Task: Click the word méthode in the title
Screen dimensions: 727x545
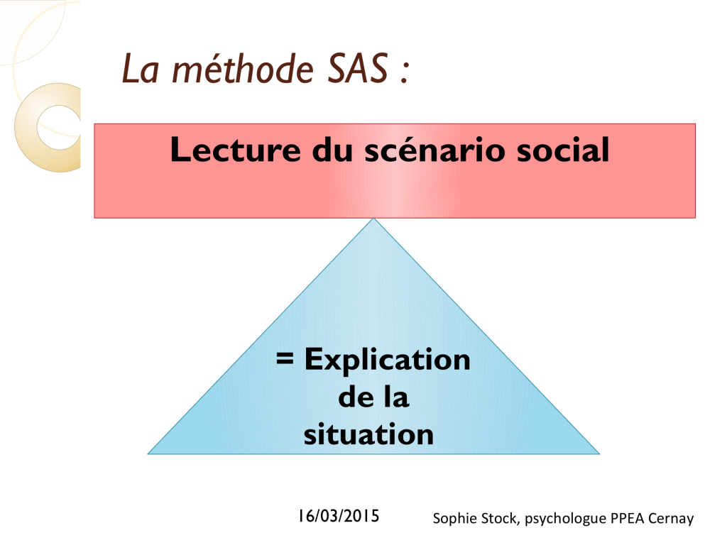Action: [x=243, y=69]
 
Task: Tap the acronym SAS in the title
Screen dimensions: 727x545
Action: [x=358, y=69]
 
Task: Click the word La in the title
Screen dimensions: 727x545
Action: [x=141, y=69]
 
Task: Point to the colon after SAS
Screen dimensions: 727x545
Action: [x=404, y=73]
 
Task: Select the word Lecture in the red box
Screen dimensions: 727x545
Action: [x=236, y=150]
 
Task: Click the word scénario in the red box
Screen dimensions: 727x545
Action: [x=435, y=150]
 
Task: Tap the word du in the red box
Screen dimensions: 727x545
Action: [x=332, y=150]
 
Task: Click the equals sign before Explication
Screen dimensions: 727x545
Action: [x=285, y=358]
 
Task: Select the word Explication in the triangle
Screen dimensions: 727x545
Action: [x=388, y=360]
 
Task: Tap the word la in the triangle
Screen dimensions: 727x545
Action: [x=397, y=397]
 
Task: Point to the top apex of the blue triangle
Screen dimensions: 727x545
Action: [x=373, y=219]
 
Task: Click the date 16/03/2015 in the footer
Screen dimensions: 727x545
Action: [x=339, y=516]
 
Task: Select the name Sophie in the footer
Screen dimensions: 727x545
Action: [x=453, y=518]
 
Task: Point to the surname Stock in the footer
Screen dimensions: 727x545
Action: [x=498, y=517]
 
